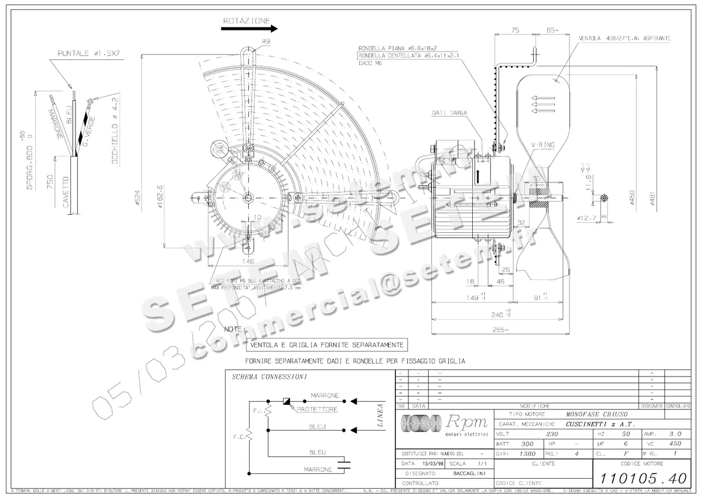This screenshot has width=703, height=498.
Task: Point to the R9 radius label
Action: tap(266, 42)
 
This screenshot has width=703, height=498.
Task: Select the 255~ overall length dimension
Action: tap(500, 330)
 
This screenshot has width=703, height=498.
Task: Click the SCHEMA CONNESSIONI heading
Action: tap(269, 377)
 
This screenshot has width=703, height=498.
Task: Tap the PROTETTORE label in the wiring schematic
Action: tap(317, 409)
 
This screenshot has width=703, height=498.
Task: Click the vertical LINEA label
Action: tap(380, 416)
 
